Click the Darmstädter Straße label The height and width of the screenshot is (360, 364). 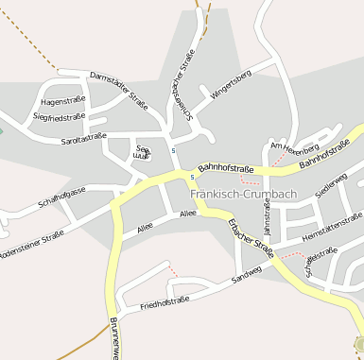pos(118,87)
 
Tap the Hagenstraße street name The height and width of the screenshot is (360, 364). pos(63,101)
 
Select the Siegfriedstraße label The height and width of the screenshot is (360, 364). pos(59,117)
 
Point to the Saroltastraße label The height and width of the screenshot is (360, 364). pos(82,138)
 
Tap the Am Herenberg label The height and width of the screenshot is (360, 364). pos(294,147)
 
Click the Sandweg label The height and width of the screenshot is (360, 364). pos(245,278)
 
